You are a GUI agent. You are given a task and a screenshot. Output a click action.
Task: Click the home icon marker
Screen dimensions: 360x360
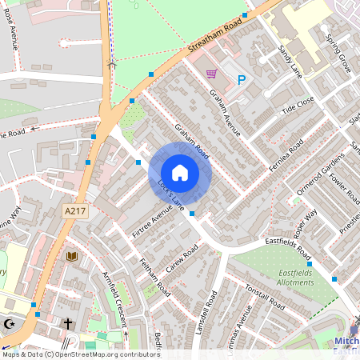[x=180, y=172]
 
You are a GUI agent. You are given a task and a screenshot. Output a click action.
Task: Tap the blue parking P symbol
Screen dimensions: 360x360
[x=241, y=79]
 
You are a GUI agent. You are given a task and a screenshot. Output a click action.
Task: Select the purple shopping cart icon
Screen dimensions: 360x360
[x=211, y=74]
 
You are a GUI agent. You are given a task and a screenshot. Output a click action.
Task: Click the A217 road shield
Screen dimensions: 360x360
[x=74, y=210]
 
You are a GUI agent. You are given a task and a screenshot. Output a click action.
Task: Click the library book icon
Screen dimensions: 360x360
[x=72, y=256]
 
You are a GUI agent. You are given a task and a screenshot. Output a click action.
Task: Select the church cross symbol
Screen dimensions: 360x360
[x=68, y=324]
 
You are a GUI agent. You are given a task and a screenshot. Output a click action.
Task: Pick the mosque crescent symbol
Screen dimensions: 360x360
[x=10, y=324]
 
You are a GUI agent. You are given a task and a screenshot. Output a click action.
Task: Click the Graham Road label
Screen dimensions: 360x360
[x=192, y=141]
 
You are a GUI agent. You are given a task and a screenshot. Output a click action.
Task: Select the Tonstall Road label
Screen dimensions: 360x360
[x=265, y=298]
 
